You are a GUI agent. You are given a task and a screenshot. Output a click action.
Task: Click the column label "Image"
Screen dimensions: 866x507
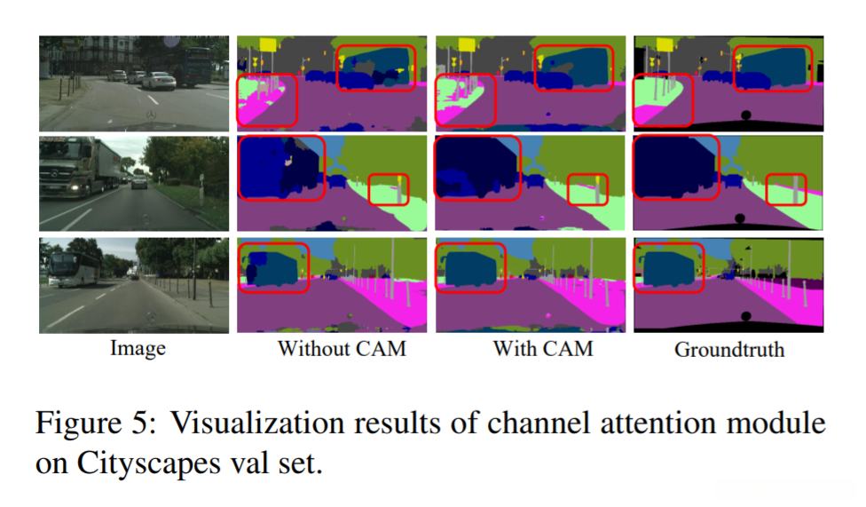pyautogui.click(x=138, y=349)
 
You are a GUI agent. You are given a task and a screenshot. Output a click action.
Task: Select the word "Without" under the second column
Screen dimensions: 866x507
pyautogui.click(x=308, y=348)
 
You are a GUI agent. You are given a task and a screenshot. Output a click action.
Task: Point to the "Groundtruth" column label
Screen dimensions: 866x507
pyautogui.click(x=729, y=349)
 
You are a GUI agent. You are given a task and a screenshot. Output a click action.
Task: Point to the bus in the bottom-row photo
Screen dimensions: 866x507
pyautogui.click(x=68, y=268)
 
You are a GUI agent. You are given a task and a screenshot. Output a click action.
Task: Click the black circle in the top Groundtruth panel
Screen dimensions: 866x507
pyautogui.click(x=745, y=115)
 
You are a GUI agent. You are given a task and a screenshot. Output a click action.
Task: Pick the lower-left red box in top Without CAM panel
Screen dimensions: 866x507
pyautogui.click(x=267, y=99)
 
